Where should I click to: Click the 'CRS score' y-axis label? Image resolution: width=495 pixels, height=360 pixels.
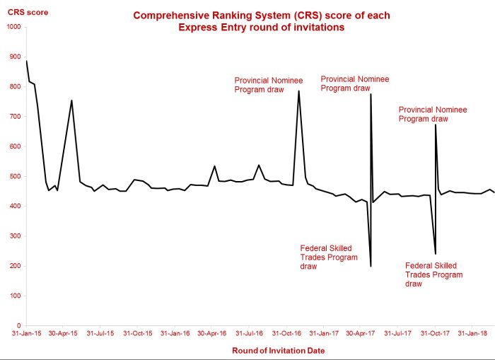coord(23,13)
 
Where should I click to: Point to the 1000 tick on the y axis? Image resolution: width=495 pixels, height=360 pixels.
coord(13,27)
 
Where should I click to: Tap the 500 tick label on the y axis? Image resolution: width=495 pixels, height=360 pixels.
coord(16,177)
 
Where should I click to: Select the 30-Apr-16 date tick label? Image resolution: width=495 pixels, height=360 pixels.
coord(211,332)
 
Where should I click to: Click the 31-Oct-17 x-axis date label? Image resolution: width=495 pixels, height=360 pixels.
coord(436,332)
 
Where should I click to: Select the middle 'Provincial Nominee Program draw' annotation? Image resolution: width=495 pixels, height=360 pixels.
coord(354,83)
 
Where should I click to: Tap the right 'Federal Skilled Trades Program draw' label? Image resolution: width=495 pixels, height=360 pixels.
coord(433,274)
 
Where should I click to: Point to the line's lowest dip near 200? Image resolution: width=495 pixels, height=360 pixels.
coord(371,266)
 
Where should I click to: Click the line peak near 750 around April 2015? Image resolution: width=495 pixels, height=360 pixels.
coord(71,100)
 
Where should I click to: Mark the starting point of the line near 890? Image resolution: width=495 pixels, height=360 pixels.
coord(26,61)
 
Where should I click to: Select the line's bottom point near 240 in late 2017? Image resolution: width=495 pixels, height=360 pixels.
coord(435,254)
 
